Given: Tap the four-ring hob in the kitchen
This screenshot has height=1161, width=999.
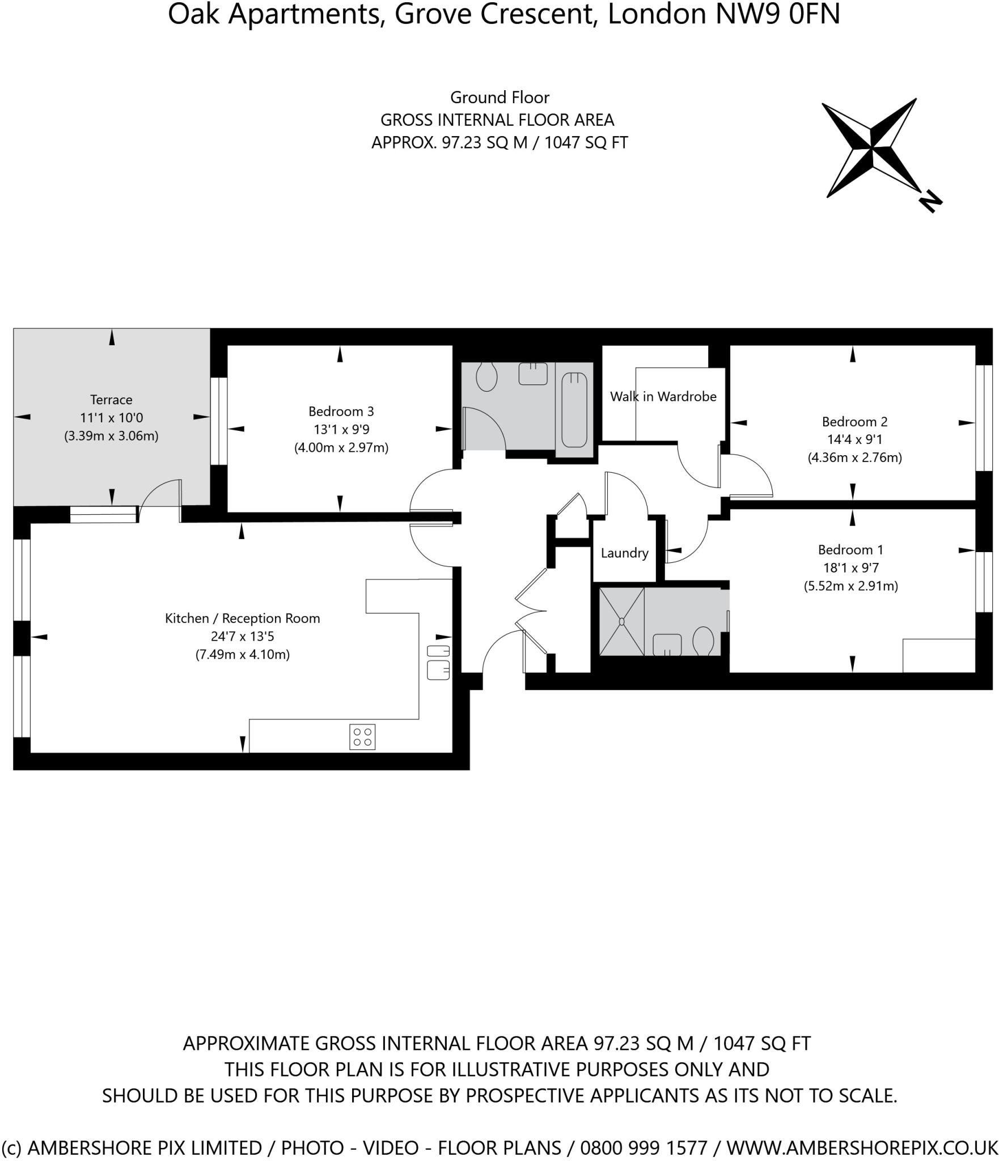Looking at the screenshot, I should pyautogui.click(x=362, y=737).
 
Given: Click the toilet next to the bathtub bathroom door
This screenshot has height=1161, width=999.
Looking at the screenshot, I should pyautogui.click(x=486, y=377).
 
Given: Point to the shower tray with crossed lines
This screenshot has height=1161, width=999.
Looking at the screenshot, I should pyautogui.click(x=621, y=622).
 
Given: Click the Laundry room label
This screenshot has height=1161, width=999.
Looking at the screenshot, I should pyautogui.click(x=624, y=553).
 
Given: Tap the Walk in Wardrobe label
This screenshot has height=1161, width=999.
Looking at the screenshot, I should pyautogui.click(x=663, y=397).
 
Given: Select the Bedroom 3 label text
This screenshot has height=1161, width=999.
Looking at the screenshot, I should pyautogui.click(x=341, y=411).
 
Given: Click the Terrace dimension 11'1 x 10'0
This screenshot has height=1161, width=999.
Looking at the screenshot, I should pyautogui.click(x=111, y=418).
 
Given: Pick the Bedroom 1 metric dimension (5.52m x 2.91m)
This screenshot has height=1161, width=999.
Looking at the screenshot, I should pyautogui.click(x=850, y=586).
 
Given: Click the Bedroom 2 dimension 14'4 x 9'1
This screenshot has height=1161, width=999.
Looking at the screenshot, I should pyautogui.click(x=854, y=439).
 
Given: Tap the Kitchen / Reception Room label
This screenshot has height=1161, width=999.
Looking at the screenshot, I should pyautogui.click(x=242, y=618).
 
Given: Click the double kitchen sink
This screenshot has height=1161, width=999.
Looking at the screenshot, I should pyautogui.click(x=438, y=662).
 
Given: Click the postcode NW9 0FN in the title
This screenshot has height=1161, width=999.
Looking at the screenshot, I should pyautogui.click(x=777, y=14).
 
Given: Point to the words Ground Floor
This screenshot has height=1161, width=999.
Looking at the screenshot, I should pyautogui.click(x=499, y=98).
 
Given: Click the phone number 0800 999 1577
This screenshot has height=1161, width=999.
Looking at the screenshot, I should pyautogui.click(x=644, y=1147).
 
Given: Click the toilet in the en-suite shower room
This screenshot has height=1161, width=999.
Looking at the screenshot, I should pyautogui.click(x=703, y=641).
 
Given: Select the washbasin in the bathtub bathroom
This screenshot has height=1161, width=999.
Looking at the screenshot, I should pyautogui.click(x=533, y=374).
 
